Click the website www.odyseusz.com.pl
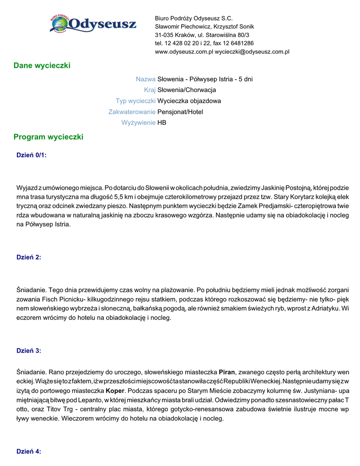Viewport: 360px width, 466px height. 184,52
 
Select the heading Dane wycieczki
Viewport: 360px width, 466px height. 42,66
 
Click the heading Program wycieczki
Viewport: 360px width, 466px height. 48,137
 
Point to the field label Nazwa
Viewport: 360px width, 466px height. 146,79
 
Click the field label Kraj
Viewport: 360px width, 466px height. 150,90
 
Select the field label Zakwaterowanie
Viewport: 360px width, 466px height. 132,112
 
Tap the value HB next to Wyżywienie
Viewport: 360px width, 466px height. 162,123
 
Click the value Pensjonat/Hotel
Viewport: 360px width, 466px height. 180,112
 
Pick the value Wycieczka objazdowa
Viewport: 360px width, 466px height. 189,101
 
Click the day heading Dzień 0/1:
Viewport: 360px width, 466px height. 31,155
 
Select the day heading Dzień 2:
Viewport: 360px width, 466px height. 29,257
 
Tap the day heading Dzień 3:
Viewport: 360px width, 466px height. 29,350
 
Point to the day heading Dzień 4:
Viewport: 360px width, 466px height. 29,451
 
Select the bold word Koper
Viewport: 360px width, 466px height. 115,391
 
